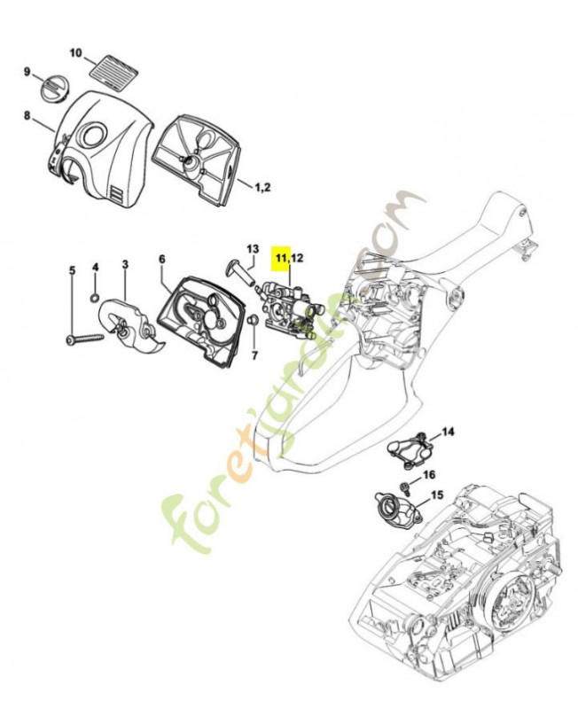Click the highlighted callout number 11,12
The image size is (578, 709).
(289, 258)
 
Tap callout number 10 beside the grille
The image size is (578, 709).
(75, 53)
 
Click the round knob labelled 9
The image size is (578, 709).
(54, 89)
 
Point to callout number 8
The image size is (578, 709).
(27, 115)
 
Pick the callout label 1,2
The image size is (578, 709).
(263, 187)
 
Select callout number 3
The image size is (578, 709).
(125, 264)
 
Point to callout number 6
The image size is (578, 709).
(162, 259)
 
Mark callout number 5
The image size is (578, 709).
(72, 269)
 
